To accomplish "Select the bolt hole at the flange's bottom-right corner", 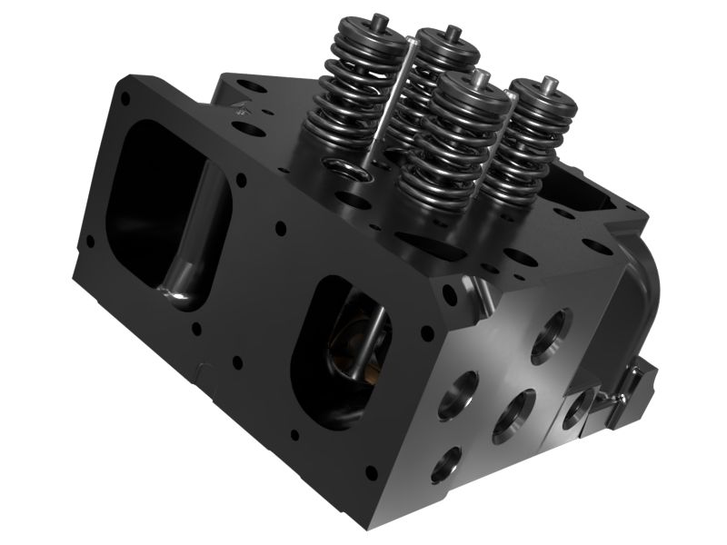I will tap(370, 471).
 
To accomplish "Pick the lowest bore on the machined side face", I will tap(445, 464).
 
